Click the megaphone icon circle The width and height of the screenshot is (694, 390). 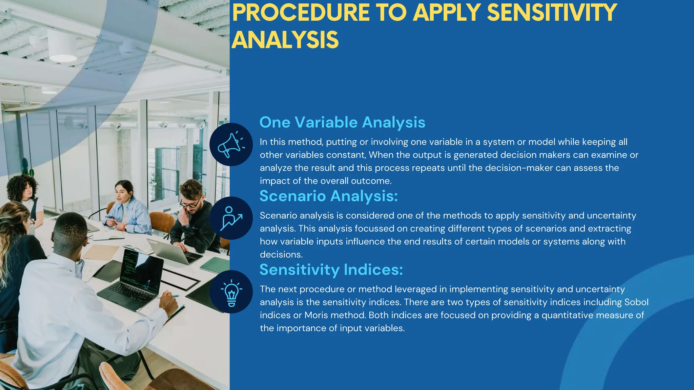[x=231, y=145]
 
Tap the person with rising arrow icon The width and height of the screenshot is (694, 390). [x=231, y=218]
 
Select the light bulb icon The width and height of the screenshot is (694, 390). [x=231, y=292]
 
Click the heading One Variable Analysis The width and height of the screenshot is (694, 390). [x=342, y=122]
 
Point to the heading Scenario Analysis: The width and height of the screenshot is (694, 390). [x=328, y=196]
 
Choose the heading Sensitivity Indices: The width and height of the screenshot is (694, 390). [x=331, y=270]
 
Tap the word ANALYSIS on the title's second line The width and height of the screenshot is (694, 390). [x=285, y=40]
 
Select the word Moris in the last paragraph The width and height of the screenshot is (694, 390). [x=316, y=315]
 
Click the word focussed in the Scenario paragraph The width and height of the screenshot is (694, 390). [x=374, y=229]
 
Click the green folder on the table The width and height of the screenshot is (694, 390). [x=215, y=264]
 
